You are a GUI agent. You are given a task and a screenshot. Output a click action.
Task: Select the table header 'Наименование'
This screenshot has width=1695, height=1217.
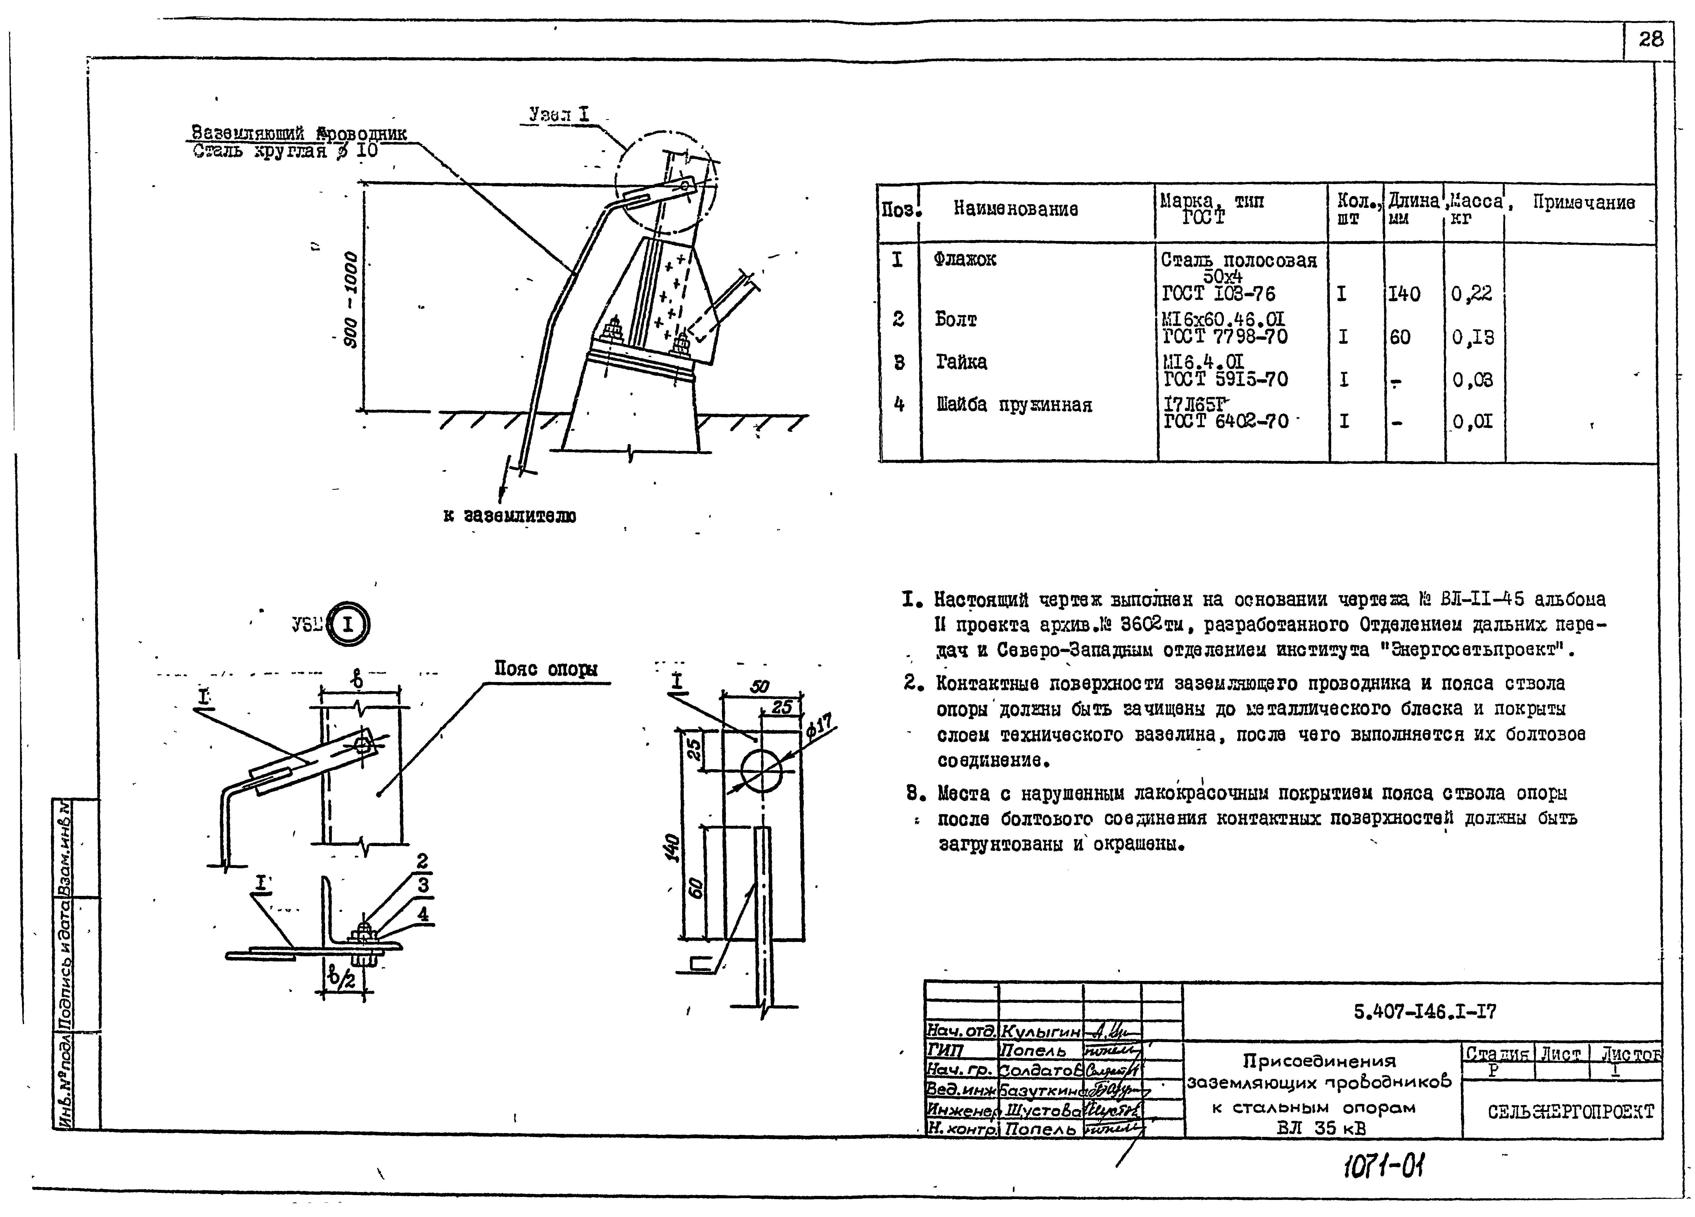[1015, 209]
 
